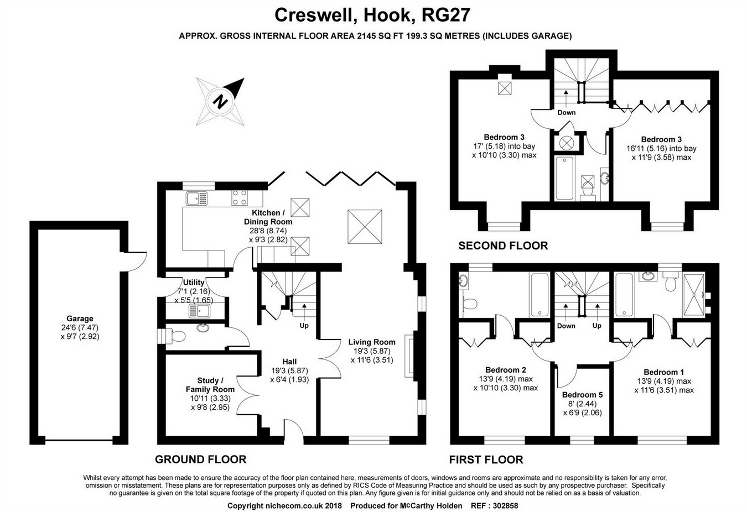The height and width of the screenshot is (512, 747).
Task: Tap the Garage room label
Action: pyautogui.click(x=80, y=318)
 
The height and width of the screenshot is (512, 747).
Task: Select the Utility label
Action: pyautogui.click(x=194, y=283)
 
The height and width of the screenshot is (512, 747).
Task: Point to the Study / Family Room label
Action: pyautogui.click(x=210, y=385)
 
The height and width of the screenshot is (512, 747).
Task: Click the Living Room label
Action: pyautogui.click(x=372, y=342)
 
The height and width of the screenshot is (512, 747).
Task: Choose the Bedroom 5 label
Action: pyautogui.click(x=582, y=395)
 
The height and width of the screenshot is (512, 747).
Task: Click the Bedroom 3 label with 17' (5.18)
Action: pyautogui.click(x=504, y=137)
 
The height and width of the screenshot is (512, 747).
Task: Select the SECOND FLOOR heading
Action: pyautogui.click(x=502, y=245)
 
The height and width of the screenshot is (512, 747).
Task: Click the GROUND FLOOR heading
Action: pyautogui.click(x=200, y=459)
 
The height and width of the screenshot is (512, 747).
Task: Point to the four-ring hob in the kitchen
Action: pyautogui.click(x=240, y=197)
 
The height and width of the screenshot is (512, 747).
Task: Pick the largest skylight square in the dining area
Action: pyautogui.click(x=364, y=226)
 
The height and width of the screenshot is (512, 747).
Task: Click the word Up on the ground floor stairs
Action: pyautogui.click(x=304, y=326)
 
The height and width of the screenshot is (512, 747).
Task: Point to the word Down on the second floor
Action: pyautogui.click(x=566, y=112)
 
